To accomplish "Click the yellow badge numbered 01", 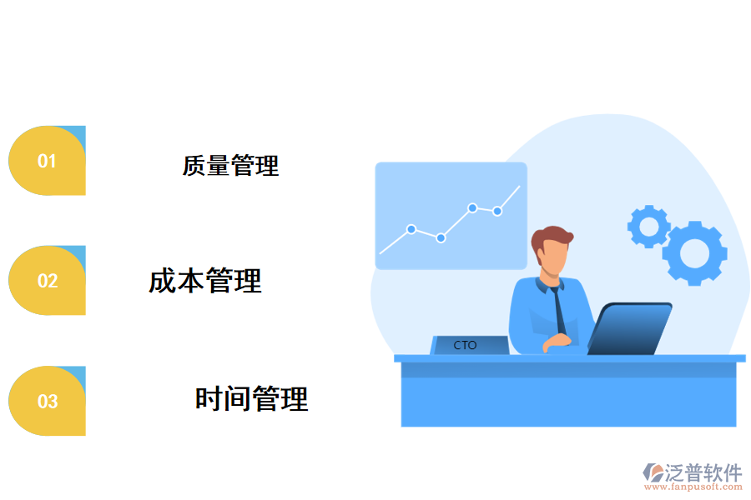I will click(47, 161).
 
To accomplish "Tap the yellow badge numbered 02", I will click(47, 281).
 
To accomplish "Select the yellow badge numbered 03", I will click(47, 401).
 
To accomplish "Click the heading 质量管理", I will click(230, 165).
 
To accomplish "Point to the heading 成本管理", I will click(205, 281).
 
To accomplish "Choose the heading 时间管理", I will click(251, 399).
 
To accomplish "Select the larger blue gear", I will click(694, 252).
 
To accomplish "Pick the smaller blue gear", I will click(648, 226).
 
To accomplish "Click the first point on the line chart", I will click(411, 228).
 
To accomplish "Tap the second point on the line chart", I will click(441, 238).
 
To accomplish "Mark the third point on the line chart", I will click(472, 207).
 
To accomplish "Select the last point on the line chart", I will click(497, 211).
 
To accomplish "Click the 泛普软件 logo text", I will click(703, 473).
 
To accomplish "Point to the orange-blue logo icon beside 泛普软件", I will click(653, 474).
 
